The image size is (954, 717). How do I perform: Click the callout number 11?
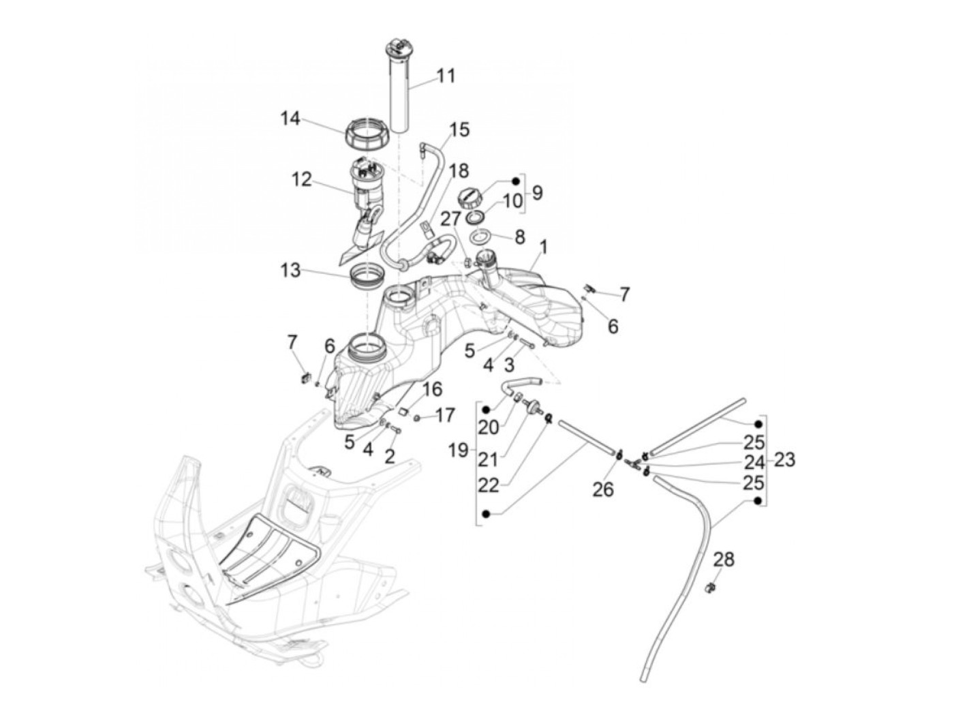446,75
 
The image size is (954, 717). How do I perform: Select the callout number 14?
290,119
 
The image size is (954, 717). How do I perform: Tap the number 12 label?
301,180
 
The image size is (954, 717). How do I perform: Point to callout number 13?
290,271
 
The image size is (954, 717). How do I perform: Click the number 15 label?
460,129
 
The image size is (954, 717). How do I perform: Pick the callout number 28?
724,560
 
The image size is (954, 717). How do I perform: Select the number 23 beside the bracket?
784,460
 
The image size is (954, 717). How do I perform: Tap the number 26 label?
604,489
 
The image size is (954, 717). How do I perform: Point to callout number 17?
445,415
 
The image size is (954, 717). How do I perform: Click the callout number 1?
543,245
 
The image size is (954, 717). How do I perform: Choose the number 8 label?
520,237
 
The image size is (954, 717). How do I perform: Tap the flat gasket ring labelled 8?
482,239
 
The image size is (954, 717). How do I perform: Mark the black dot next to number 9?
516,181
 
